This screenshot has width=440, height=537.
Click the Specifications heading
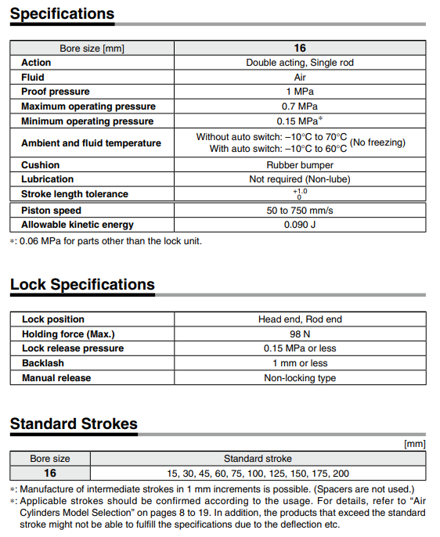[62, 14]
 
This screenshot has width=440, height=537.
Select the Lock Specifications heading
[82, 285]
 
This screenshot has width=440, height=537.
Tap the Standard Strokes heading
[74, 424]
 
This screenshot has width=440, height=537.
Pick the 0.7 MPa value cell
[299, 106]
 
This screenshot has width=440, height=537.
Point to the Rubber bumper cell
[299, 165]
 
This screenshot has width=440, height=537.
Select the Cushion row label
[40, 165]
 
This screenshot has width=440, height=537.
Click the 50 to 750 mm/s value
[299, 211]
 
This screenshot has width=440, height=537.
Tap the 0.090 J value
[299, 225]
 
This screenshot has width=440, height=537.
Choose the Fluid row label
[33, 77]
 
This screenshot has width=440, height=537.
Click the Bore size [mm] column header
[92, 49]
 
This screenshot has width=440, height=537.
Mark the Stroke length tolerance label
[74, 194]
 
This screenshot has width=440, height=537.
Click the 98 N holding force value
[299, 334]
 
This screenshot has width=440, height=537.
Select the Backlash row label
[43, 363]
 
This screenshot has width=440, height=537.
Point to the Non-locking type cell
[299, 378]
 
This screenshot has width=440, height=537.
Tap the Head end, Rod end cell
[299, 319]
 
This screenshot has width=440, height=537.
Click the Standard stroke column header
[258, 459]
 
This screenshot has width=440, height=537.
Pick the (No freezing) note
[377, 142]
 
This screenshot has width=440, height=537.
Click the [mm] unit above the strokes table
[414, 444]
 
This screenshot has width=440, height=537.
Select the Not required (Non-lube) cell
[299, 179]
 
